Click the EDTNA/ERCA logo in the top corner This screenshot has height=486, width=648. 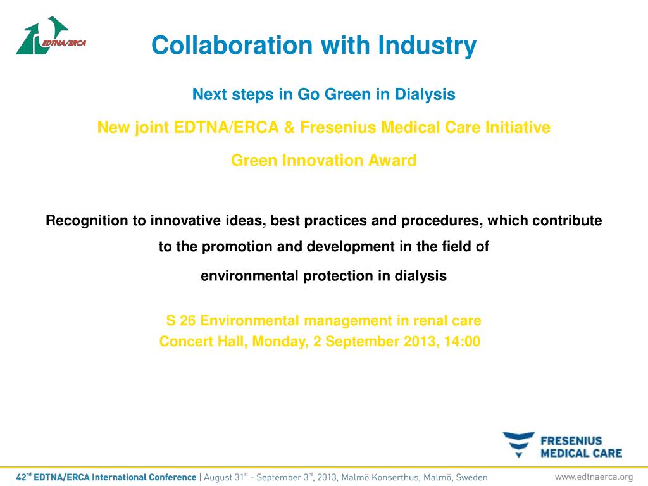click(51, 35)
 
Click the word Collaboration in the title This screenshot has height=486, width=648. click(232, 45)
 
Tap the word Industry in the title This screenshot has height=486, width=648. click(427, 46)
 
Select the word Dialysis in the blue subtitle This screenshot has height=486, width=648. click(425, 95)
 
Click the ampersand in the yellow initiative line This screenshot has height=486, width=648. click(289, 127)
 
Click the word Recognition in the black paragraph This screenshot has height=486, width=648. click(87, 221)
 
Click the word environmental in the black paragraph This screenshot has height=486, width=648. click(249, 276)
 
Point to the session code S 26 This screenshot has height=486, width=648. click(180, 321)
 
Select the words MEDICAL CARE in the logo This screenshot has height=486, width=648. click(581, 453)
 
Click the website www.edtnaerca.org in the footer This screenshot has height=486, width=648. click(594, 477)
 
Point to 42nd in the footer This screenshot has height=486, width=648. click(23, 477)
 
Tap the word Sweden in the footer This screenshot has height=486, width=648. click(471, 477)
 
